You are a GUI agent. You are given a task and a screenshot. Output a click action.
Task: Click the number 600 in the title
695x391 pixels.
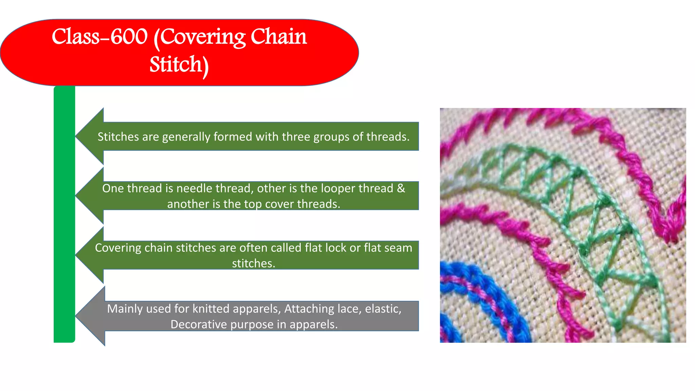[129, 37]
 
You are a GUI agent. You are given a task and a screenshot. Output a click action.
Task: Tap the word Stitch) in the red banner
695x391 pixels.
[179, 64]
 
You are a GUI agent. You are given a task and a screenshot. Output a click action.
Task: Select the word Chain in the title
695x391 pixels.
[279, 37]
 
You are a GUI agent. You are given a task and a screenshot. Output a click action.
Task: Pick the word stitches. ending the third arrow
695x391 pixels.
[253, 263]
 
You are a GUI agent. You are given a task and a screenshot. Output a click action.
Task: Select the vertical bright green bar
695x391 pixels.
[64, 214]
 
